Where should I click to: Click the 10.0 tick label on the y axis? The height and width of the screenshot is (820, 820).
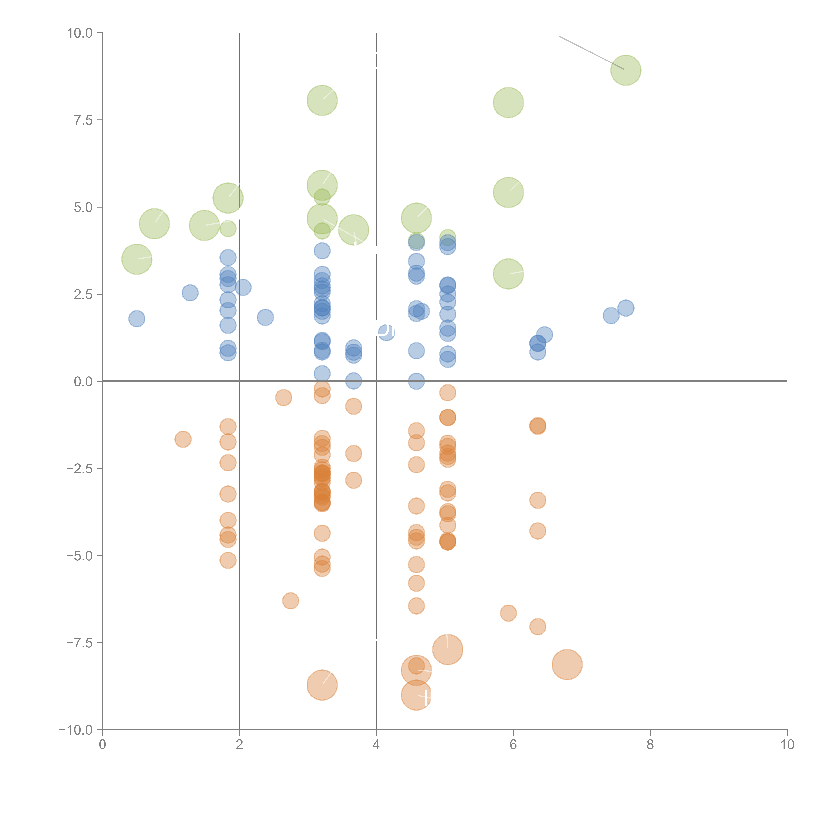point(80,33)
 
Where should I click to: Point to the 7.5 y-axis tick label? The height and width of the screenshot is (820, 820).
point(83,120)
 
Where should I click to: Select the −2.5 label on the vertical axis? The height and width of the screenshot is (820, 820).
point(80,469)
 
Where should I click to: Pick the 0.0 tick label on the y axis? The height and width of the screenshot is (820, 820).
point(83,382)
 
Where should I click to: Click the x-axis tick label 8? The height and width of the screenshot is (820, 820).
point(650,745)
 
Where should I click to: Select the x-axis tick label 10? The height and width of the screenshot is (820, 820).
point(787,745)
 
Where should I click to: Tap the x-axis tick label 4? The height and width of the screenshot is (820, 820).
point(376,745)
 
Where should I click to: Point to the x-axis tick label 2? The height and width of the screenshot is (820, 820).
point(239,745)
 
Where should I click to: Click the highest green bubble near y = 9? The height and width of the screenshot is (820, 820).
point(626,70)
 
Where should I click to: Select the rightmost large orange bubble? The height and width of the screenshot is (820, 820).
point(567,665)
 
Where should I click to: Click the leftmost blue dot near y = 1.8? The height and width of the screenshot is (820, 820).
point(137,318)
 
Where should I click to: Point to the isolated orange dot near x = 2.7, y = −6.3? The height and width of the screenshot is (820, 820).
point(290,601)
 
